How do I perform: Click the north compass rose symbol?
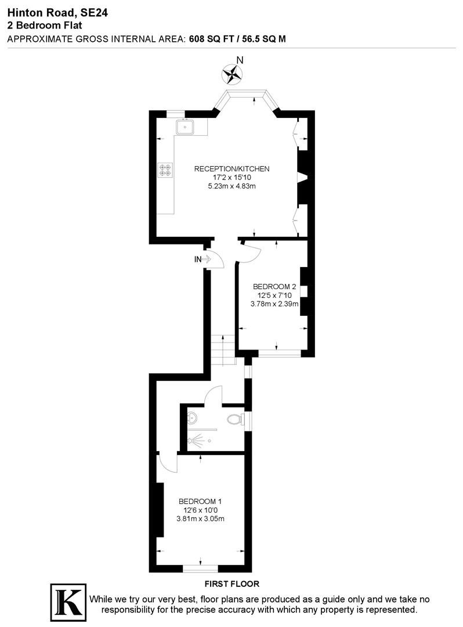tap(233, 74)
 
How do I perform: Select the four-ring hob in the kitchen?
tap(165, 169)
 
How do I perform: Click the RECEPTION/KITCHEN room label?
tap(231, 169)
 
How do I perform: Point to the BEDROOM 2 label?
tap(274, 287)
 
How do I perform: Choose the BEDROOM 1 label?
tap(200, 501)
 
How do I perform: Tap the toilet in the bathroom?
tap(235, 419)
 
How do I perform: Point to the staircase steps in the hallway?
tap(223, 350)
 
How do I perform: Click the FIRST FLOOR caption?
tap(232, 583)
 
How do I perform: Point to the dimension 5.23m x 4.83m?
tap(231, 186)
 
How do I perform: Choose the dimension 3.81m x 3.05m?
tap(200, 518)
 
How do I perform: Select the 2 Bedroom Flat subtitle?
tap(45, 25)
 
